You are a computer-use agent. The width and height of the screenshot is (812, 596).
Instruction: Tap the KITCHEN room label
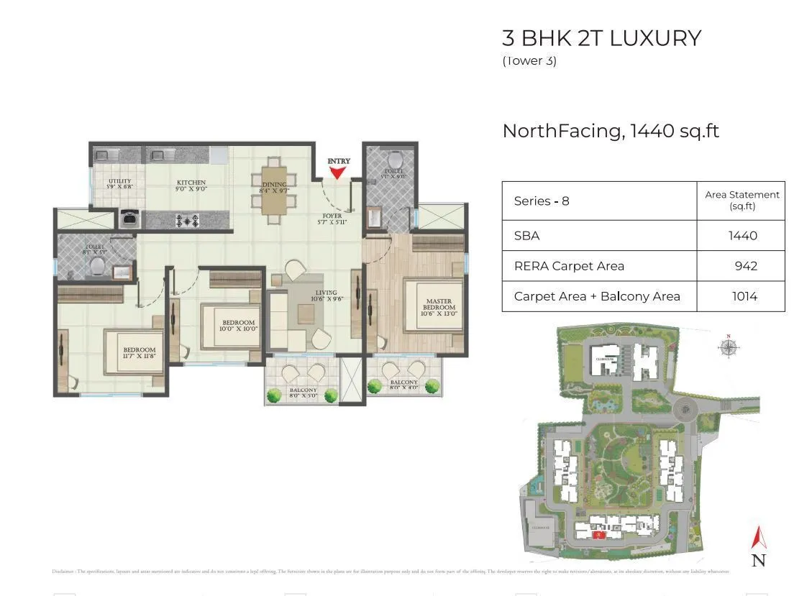191,186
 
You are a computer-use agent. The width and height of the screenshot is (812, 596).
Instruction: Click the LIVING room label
326,295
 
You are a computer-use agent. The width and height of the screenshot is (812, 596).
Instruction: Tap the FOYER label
332,219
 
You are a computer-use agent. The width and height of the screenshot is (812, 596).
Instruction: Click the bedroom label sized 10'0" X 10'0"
238,325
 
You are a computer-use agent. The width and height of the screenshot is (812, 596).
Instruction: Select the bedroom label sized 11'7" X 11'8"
140,353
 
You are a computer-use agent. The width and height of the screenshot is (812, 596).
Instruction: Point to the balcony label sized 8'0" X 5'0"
303,393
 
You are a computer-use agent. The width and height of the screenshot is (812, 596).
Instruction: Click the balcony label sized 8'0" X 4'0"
404,386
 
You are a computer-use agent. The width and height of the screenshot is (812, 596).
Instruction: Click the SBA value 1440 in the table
742,235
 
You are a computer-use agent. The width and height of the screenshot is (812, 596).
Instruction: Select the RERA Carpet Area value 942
745,266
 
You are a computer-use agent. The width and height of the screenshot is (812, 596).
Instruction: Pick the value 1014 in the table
744,296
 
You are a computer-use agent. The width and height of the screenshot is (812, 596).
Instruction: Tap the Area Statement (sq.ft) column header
742,201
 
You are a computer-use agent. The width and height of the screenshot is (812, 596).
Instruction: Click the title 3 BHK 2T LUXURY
601,38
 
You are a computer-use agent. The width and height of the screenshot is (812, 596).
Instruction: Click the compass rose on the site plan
729,347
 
